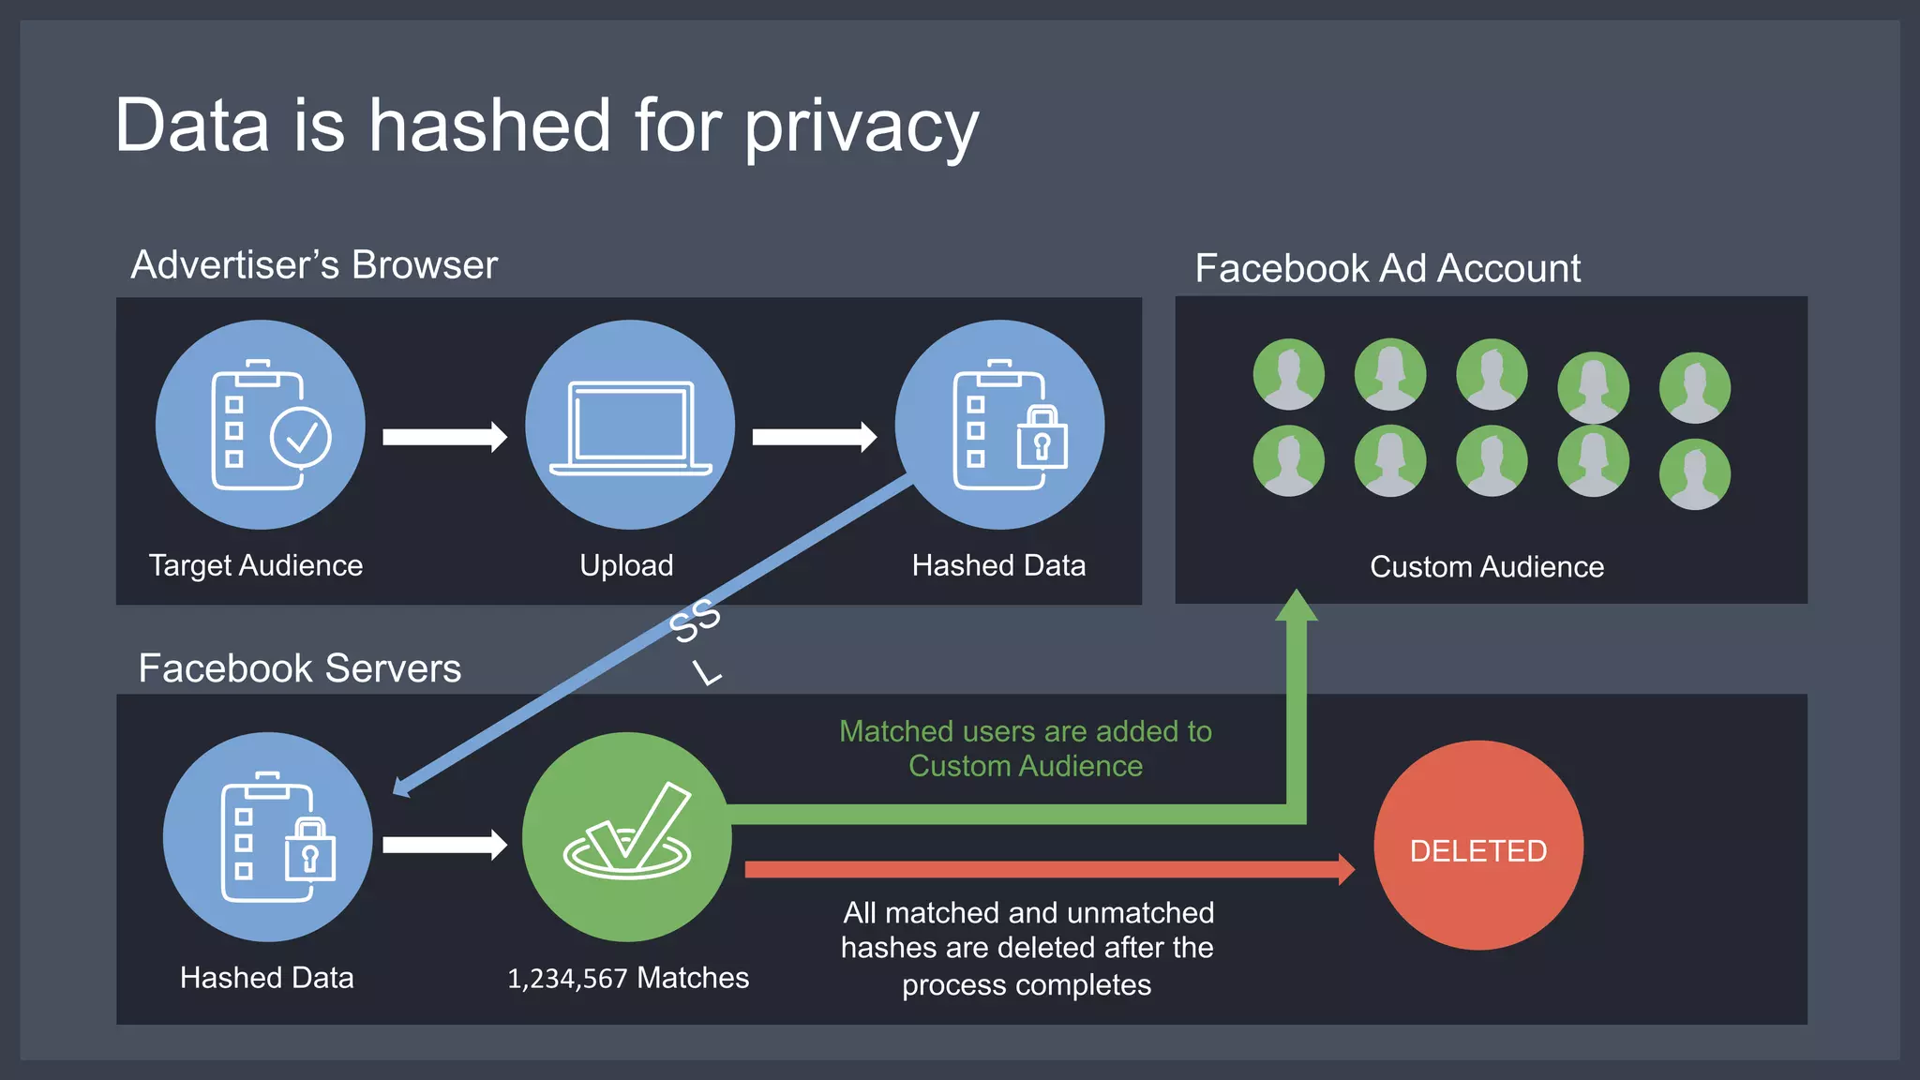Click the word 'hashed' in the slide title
pyautogui.click(x=489, y=126)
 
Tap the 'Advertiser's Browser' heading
pyautogui.click(x=314, y=265)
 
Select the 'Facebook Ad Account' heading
pyautogui.click(x=1387, y=269)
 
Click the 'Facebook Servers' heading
pyautogui.click(x=300, y=668)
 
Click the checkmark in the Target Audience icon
pyautogui.click(x=301, y=437)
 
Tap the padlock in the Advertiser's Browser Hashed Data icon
pyautogui.click(x=1042, y=438)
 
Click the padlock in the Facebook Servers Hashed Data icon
pyautogui.click(x=310, y=850)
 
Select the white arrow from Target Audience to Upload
pyautogui.click(x=444, y=437)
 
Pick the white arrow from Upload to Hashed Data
pyautogui.click(x=814, y=437)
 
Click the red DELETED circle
pyautogui.click(x=1477, y=846)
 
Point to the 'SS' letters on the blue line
pyautogui.click(x=695, y=621)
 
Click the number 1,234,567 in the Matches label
pyautogui.click(x=567, y=979)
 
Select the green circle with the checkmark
pyautogui.click(x=626, y=836)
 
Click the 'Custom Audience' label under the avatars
pyautogui.click(x=1487, y=567)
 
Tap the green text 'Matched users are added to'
pyautogui.click(x=1026, y=731)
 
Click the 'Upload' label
pyautogui.click(x=626, y=565)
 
